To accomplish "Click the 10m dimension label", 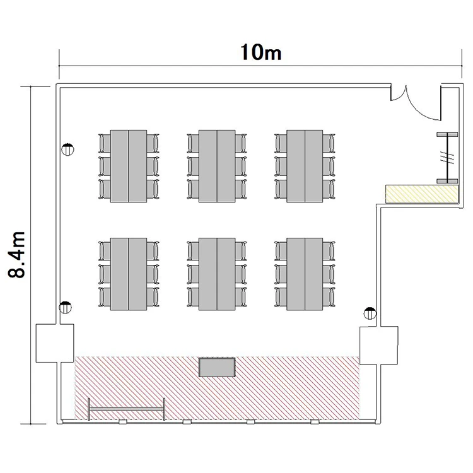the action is pos(261,52).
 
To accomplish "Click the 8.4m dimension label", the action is pos(16,255).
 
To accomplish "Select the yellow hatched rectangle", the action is pos(422,194).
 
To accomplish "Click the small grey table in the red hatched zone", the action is pos(217,367).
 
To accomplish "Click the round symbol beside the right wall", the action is pos(370,313).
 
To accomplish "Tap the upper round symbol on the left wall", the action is pos(67,149).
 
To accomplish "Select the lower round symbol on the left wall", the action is pos(65,307).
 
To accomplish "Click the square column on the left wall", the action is pos(55,343).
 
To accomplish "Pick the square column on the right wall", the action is pos(379,346).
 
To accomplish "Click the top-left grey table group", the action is pos(129,166).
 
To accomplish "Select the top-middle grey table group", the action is pos(217,166).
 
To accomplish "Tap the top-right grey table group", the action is pos(305,166).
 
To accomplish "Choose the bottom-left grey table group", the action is pos(129,274).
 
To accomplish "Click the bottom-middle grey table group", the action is pos(217,274).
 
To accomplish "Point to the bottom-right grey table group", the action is pos(305,274).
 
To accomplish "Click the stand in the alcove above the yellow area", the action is pos(447,158).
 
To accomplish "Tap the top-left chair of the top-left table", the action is pos(104,143).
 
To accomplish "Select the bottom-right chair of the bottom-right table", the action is pos(329,297).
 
